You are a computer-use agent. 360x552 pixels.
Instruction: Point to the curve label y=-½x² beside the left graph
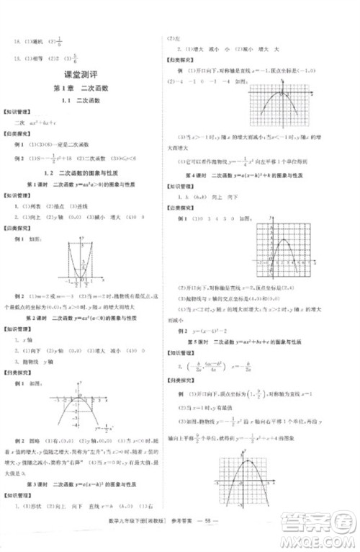tap(105, 428)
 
